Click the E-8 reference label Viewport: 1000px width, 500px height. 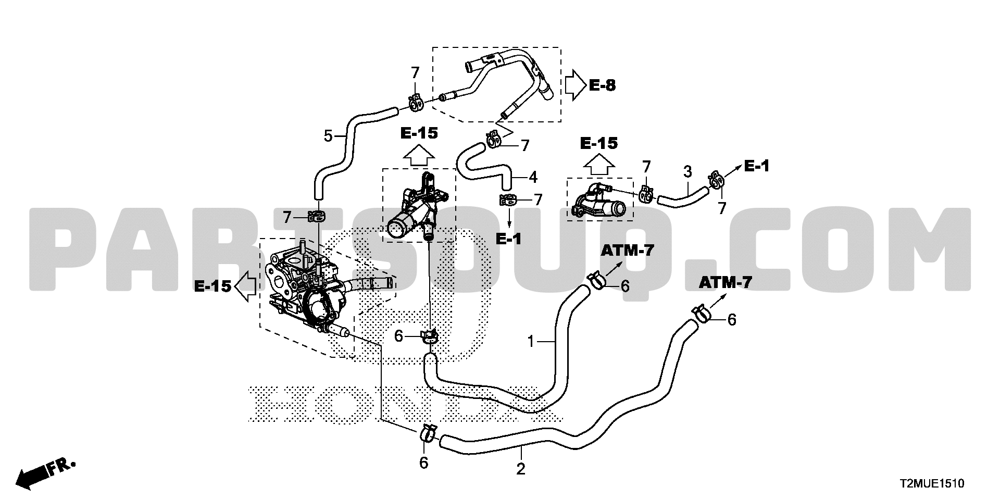(x=602, y=85)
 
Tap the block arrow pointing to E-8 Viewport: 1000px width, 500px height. (x=575, y=85)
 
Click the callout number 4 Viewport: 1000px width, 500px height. (x=532, y=177)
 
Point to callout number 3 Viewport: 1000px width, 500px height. (x=687, y=171)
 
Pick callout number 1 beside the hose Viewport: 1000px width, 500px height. (x=531, y=342)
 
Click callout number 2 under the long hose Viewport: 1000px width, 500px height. (x=521, y=469)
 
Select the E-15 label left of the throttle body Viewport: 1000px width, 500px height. (x=213, y=286)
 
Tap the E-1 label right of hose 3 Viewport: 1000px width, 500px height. (x=756, y=166)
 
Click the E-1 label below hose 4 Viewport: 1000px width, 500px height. (x=508, y=239)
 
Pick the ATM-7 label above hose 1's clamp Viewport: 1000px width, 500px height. (x=627, y=251)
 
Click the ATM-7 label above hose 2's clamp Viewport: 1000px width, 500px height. (x=725, y=283)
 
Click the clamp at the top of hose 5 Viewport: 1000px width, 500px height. (x=415, y=103)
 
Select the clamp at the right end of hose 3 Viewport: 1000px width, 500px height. (x=716, y=180)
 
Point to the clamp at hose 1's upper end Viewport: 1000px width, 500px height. (x=598, y=281)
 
